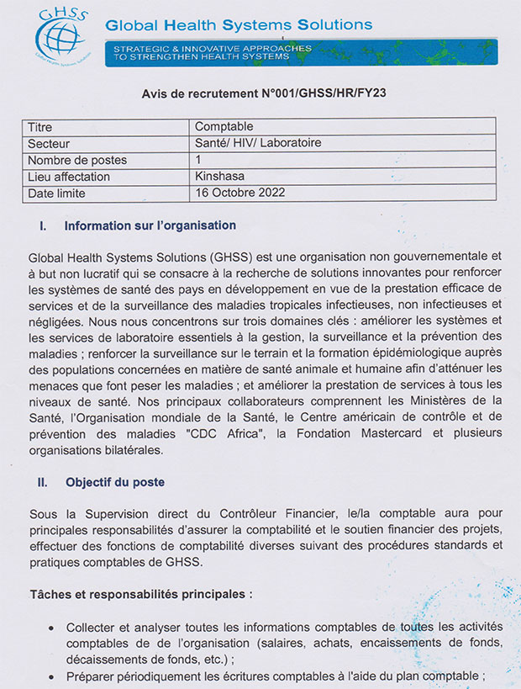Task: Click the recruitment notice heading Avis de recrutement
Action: click(260, 94)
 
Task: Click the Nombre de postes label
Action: click(77, 160)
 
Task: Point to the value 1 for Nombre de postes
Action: click(198, 160)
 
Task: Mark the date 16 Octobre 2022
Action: click(240, 193)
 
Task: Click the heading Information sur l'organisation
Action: click(150, 225)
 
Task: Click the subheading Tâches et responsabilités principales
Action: click(139, 593)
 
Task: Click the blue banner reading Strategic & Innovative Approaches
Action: click(303, 53)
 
